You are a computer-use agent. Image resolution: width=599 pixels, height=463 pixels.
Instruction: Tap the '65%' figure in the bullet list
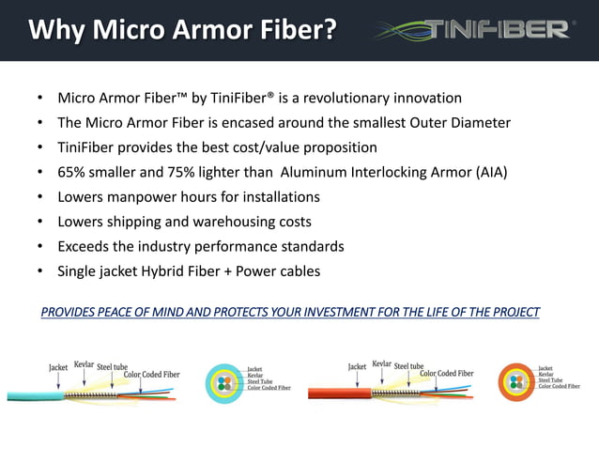[73, 173]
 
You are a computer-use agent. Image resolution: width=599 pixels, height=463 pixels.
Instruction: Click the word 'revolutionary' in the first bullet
[357, 99]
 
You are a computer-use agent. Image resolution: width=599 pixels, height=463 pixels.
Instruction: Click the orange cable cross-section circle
[516, 382]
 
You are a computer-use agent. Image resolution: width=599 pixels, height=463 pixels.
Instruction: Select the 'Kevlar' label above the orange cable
[381, 363]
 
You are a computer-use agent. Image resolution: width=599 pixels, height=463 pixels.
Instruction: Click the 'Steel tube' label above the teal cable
[112, 366]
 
